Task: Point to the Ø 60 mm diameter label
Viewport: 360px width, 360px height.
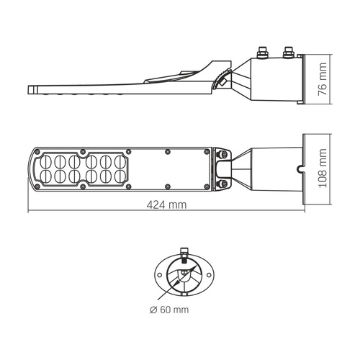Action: (x=171, y=310)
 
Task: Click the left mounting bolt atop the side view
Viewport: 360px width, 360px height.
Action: (x=262, y=52)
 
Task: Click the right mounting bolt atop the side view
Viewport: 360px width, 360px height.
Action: (x=289, y=52)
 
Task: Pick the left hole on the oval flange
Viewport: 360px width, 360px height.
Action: (x=160, y=274)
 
